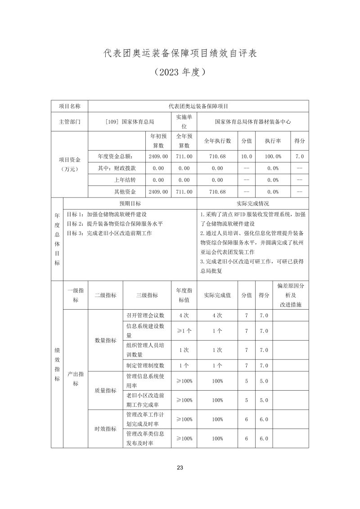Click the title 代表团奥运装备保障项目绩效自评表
[180, 53]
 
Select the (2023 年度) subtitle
[180, 72]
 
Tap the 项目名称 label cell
[70, 106]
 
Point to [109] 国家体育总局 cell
[129, 122]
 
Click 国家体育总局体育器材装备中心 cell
[253, 122]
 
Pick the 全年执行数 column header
[217, 141]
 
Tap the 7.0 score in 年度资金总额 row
[300, 156]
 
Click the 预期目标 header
[130, 203]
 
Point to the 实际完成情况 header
[253, 203]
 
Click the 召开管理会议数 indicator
[146, 315]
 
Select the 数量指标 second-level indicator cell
[106, 340]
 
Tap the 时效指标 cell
[106, 429]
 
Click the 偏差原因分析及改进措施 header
[291, 295]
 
